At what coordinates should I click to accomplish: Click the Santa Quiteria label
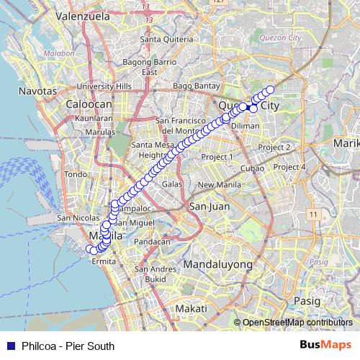[x=165, y=39]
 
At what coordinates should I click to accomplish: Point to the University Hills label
[x=104, y=86]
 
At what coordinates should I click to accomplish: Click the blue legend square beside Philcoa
[x=12, y=346]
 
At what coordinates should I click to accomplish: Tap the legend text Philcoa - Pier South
[x=68, y=346]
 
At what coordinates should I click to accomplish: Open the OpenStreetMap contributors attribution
[x=296, y=323]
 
